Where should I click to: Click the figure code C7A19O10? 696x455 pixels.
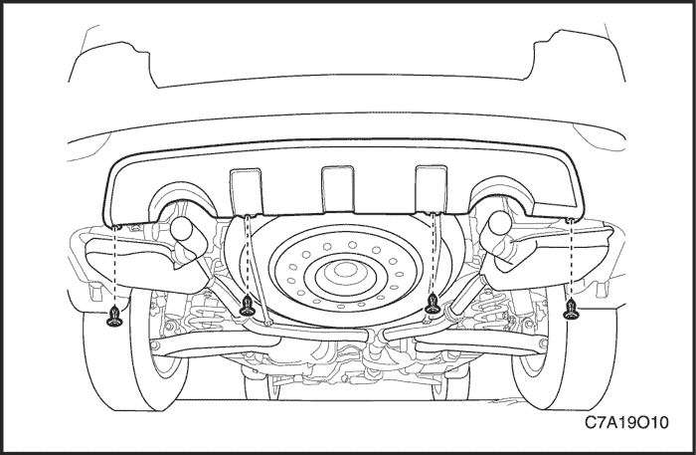[625, 422]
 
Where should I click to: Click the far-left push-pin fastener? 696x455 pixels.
[114, 317]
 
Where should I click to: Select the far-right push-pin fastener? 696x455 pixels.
[572, 310]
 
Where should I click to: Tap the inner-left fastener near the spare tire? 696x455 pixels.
[247, 307]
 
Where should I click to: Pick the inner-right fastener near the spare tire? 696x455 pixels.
[432, 305]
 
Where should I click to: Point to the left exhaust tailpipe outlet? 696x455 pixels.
[182, 228]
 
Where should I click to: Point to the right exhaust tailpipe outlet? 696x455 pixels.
[499, 223]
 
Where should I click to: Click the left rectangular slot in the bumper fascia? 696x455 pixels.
[246, 191]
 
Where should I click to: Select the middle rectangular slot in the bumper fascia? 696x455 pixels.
[338, 189]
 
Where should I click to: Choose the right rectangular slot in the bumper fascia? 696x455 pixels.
[431, 188]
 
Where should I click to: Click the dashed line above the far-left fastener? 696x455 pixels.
[115, 267]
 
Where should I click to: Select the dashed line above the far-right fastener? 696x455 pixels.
[572, 259]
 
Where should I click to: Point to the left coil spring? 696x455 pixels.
[204, 307]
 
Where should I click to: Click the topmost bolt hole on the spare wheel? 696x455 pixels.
[352, 244]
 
